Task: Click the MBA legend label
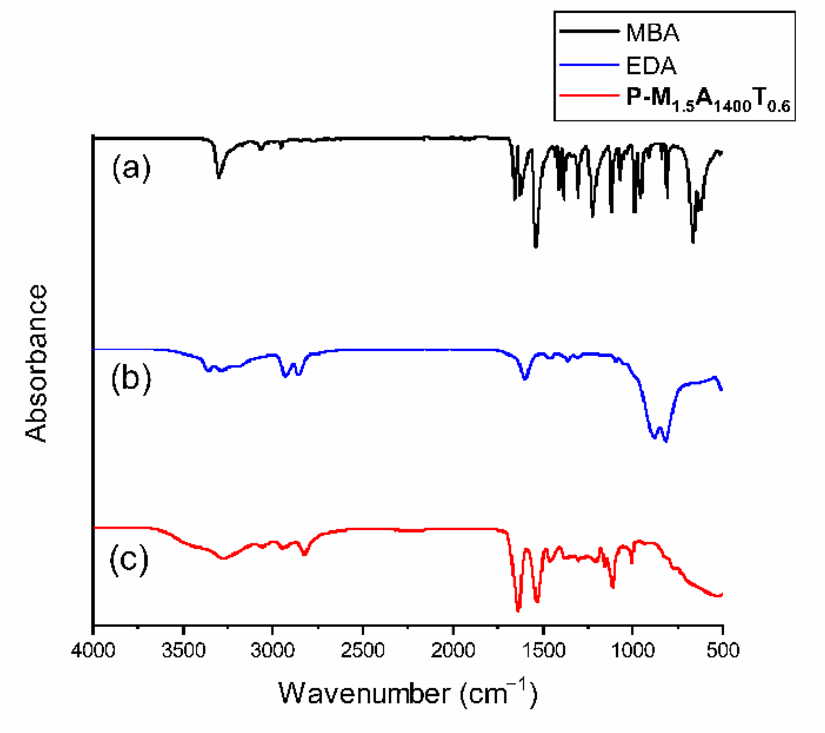click(652, 33)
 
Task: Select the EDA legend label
click(651, 66)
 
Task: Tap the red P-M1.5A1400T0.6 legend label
click(708, 100)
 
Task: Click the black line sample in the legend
click(589, 31)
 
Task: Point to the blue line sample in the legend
click(589, 65)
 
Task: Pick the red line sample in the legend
click(589, 95)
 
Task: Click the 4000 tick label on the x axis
click(93, 650)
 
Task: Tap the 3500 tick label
click(183, 650)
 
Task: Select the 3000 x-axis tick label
click(273, 650)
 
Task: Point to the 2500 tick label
click(363, 650)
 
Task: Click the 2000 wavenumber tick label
click(453, 650)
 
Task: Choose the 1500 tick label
click(543, 650)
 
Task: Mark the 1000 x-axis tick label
click(633, 650)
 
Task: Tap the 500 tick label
click(723, 650)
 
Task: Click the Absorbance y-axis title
click(36, 363)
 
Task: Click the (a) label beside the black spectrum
click(131, 168)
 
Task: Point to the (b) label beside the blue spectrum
click(131, 378)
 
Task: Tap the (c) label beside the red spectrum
click(129, 559)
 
